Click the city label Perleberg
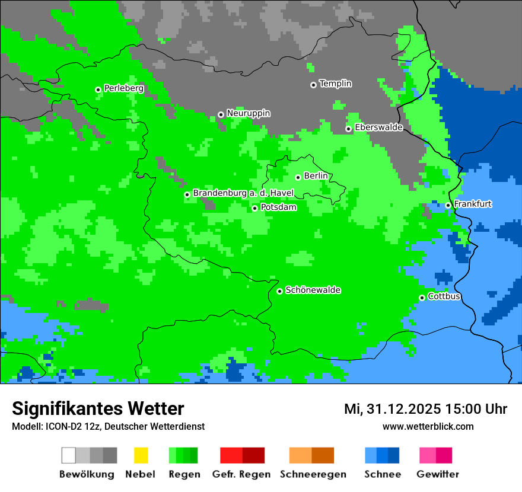pyautogui.click(x=123, y=88)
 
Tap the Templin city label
pyautogui.click(x=335, y=84)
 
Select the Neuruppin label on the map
pyautogui.click(x=248, y=113)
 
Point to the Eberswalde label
pyautogui.click(x=378, y=127)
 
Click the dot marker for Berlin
pyautogui.click(x=298, y=177)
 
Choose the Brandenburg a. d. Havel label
pyautogui.click(x=243, y=193)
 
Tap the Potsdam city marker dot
pyautogui.click(x=254, y=208)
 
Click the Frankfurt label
pyautogui.click(x=473, y=204)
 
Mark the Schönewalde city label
pyautogui.click(x=313, y=290)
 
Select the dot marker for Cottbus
pyautogui.click(x=422, y=298)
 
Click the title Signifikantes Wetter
pyautogui.click(x=98, y=408)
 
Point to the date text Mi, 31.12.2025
pyautogui.click(x=392, y=409)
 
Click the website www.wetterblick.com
pyautogui.click(x=428, y=426)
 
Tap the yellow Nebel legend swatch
pyautogui.click(x=141, y=455)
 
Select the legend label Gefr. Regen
pyautogui.click(x=241, y=474)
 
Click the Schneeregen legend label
pyautogui.click(x=313, y=474)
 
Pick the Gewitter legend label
pyautogui.click(x=437, y=474)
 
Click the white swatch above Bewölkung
pyautogui.click(x=69, y=455)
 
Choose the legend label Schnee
pyautogui.click(x=382, y=474)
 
